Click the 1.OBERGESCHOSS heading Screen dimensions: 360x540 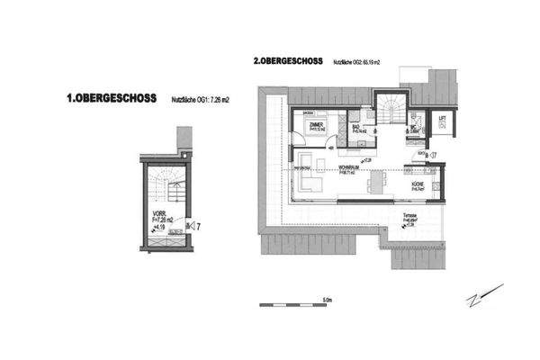(x=112, y=98)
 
